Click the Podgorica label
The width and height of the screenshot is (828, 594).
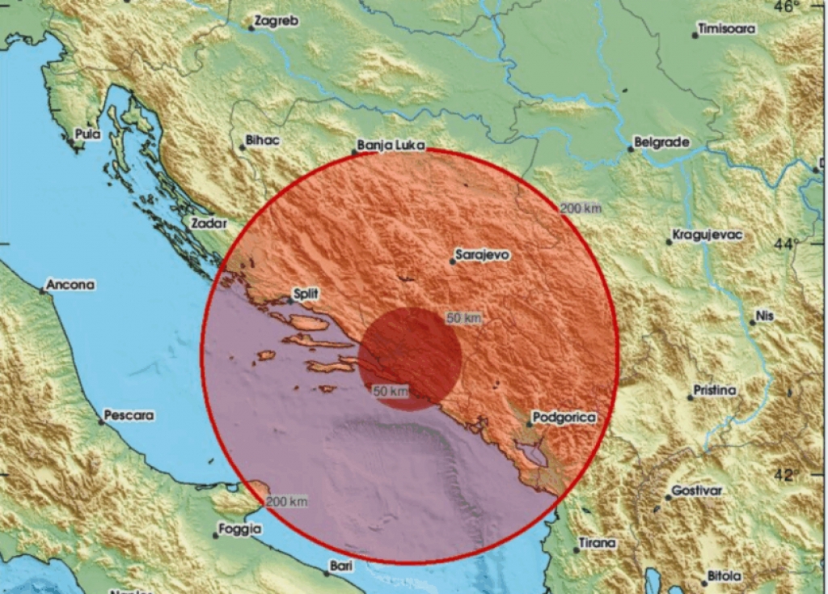[565, 418]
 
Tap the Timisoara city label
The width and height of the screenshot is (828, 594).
[728, 29]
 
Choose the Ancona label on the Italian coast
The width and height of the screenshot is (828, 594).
[71, 285]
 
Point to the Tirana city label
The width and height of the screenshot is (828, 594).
[598, 543]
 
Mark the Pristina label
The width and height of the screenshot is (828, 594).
[715, 391]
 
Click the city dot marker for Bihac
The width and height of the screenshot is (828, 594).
[242, 147]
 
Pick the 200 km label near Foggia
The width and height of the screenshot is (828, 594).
[287, 502]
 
